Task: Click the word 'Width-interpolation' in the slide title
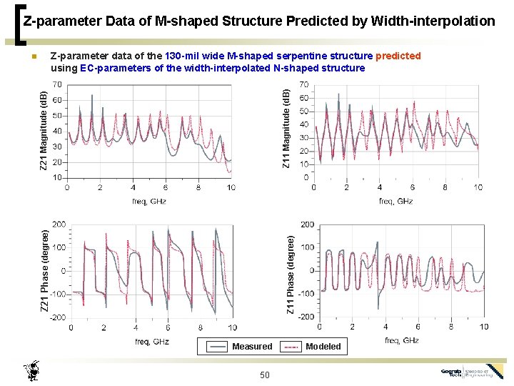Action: tap(436, 21)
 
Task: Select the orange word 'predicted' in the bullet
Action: tap(398, 56)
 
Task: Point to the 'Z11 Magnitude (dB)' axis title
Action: tap(286, 129)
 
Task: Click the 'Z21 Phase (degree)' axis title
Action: tap(44, 270)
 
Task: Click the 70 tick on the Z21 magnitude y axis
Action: tap(56, 84)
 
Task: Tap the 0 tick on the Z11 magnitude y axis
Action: tap(306, 177)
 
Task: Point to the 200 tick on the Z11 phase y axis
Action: tap(306, 224)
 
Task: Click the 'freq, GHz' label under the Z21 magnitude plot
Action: tap(148, 201)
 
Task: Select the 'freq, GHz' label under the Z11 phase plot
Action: tap(401, 340)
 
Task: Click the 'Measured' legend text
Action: tap(252, 347)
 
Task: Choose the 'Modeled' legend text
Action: tap(323, 347)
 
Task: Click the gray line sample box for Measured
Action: tap(217, 347)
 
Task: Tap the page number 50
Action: tap(265, 375)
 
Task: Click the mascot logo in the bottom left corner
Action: tap(31, 371)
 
